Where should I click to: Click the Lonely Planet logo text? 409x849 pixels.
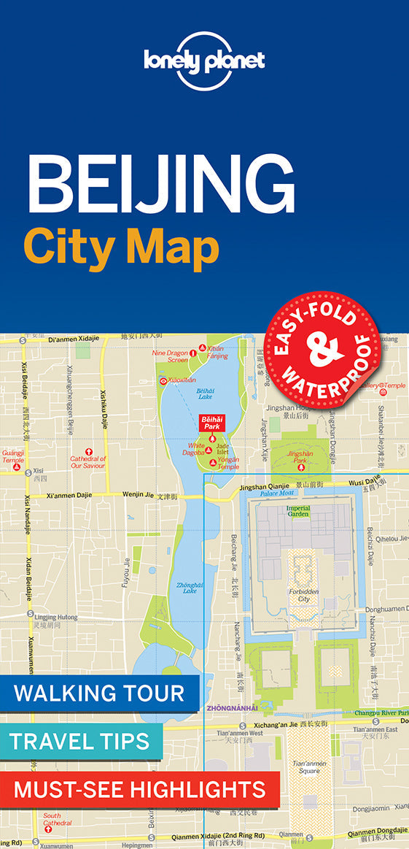click(204, 59)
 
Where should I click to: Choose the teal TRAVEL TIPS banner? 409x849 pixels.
click(80, 742)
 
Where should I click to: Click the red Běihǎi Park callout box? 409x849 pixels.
click(211, 423)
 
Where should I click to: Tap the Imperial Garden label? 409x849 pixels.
click(297, 510)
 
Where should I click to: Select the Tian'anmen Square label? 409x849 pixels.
click(308, 767)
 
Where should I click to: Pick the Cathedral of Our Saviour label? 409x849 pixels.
click(88, 462)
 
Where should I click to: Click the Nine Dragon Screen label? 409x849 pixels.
click(169, 356)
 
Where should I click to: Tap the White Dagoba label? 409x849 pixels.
click(196, 449)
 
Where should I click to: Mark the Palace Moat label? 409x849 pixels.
click(277, 493)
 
